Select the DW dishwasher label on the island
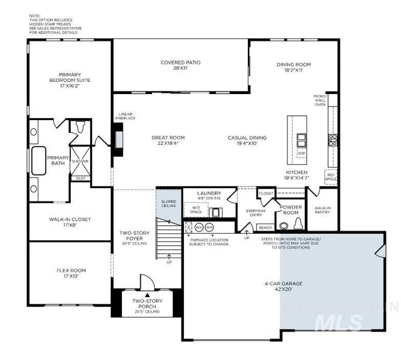pos(301,153)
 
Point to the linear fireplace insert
pos(119,138)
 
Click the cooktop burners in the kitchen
pos(332,140)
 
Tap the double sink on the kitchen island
pos(301,139)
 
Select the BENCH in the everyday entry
pos(266,228)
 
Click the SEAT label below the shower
pos(81,178)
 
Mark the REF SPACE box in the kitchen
pos(331,176)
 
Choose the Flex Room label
pos(71,270)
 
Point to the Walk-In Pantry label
pos(321,210)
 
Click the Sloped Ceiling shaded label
pos(168,204)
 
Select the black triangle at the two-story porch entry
pos(147,295)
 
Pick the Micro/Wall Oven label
pos(320,100)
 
